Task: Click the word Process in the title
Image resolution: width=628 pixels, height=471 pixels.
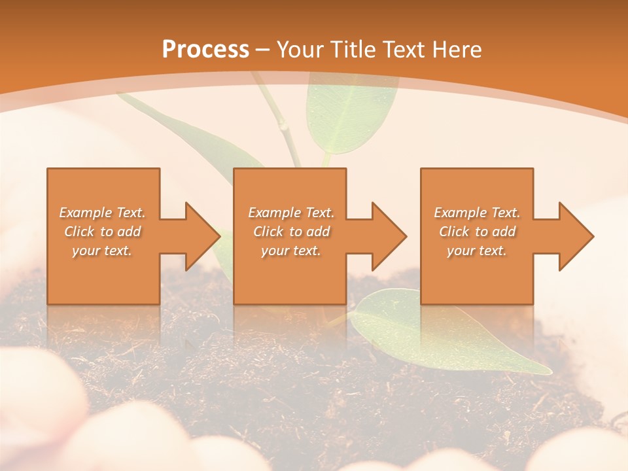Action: click(205, 50)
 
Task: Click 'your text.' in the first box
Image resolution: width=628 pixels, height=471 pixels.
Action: click(102, 251)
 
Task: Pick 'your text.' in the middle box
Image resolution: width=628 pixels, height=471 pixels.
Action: click(291, 251)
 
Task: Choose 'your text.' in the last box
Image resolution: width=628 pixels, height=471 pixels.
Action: click(477, 251)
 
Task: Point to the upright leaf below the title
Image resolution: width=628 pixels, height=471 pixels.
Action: click(350, 111)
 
